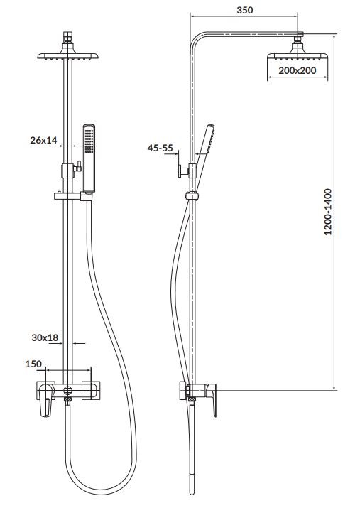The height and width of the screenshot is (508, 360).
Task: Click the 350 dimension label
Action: click(246, 10)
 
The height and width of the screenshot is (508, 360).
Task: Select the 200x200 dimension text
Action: click(298, 72)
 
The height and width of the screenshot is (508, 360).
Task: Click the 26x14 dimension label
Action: click(44, 140)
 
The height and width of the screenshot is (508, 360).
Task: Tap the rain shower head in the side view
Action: click(298, 56)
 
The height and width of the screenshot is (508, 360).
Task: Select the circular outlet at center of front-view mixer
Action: click(67, 390)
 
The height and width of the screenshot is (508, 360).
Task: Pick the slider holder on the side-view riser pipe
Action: click(190, 196)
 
